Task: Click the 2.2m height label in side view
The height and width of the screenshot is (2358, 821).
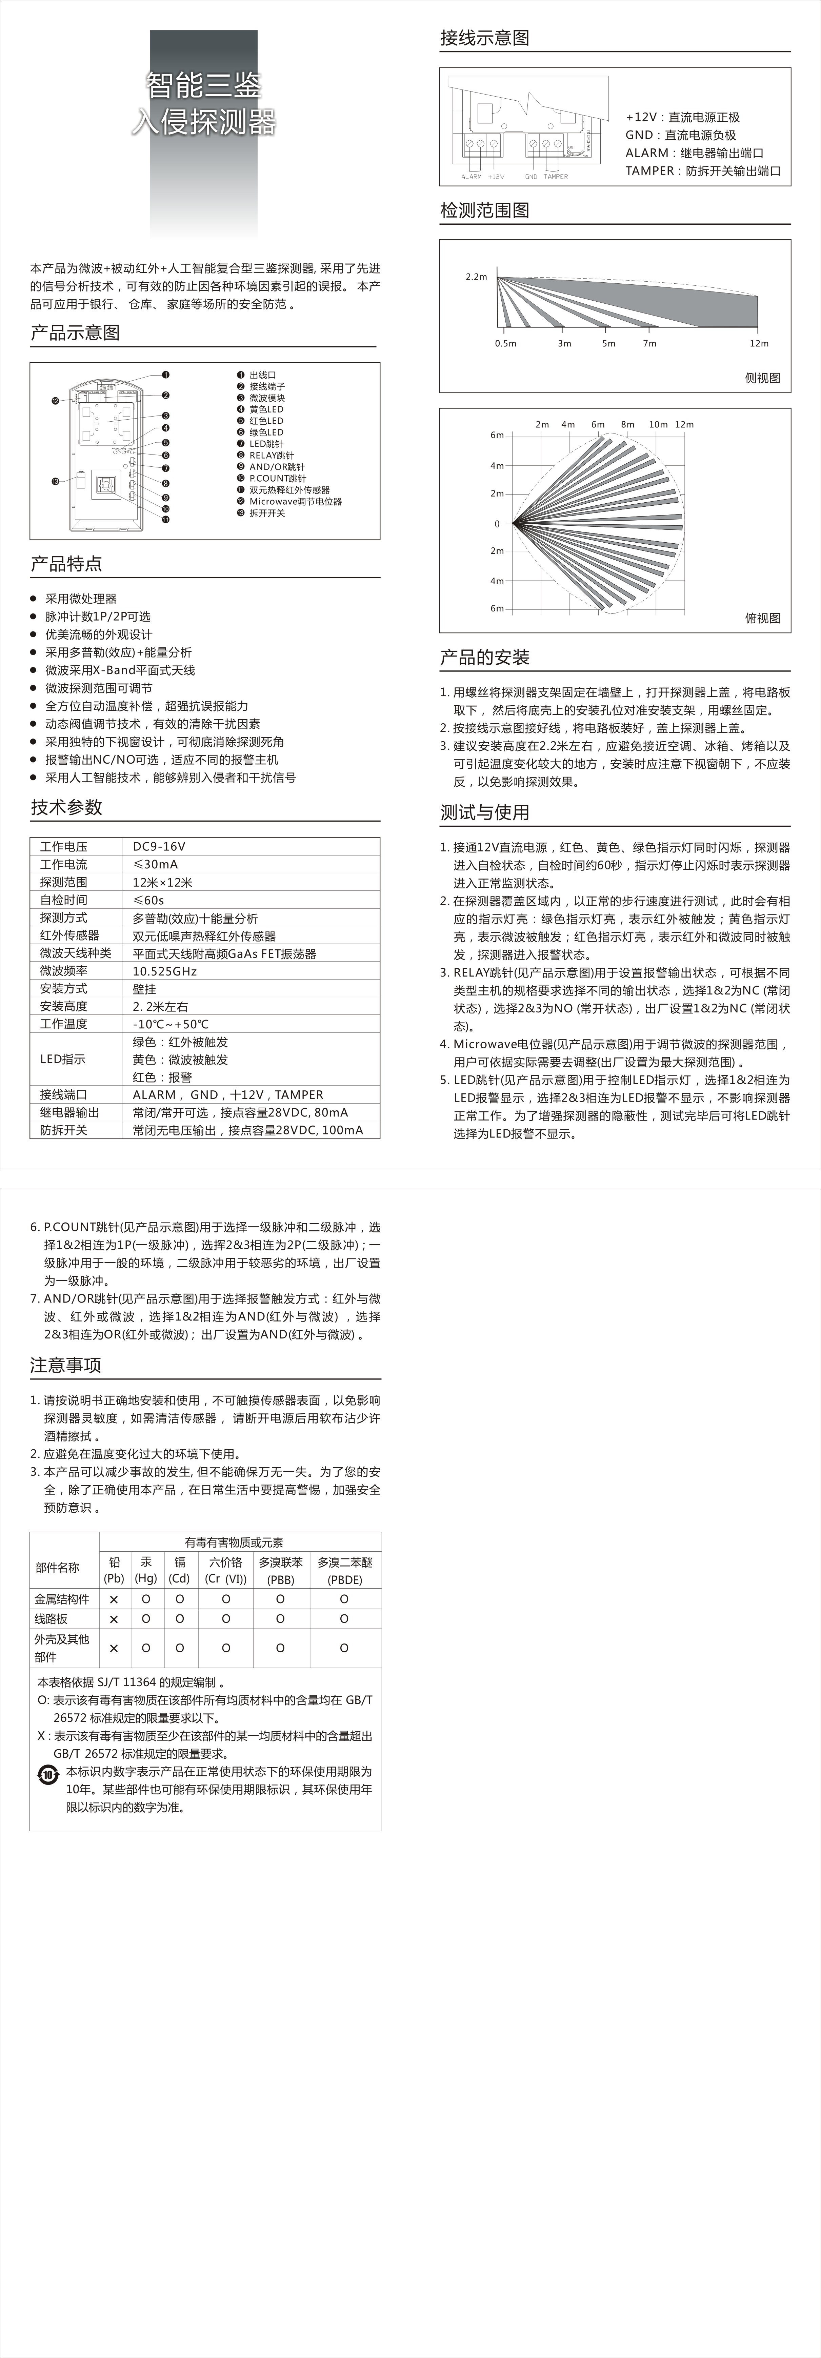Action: [476, 277]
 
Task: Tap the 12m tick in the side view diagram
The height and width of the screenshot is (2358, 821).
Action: [759, 343]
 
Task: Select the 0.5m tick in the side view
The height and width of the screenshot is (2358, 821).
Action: [505, 343]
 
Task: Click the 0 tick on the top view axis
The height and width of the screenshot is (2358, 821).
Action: [497, 524]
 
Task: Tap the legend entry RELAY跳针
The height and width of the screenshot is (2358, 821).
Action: [272, 455]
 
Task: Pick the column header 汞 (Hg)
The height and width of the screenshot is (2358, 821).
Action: [145, 1570]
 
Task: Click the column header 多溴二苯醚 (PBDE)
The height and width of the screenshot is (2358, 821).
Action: [344, 1570]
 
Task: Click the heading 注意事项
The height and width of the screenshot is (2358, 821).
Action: [66, 1365]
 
